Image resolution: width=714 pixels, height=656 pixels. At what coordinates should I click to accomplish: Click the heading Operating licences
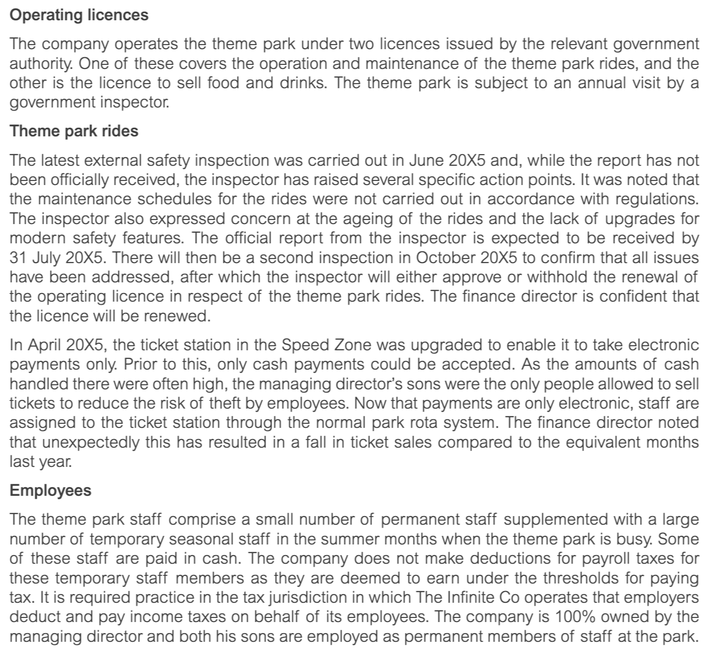click(x=79, y=15)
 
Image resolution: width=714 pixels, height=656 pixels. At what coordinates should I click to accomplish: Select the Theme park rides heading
click(x=74, y=131)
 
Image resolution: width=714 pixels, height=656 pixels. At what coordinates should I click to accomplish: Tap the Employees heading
click(x=51, y=490)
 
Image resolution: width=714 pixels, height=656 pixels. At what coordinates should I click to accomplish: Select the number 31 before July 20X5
click(x=19, y=258)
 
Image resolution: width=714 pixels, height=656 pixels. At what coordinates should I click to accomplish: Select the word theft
click(x=218, y=404)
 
